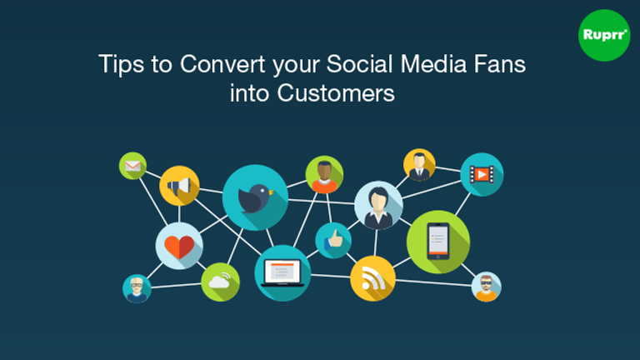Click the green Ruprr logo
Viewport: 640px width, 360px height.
[604, 36]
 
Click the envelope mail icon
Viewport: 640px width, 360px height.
[132, 166]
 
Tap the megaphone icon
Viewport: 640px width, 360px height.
[179, 186]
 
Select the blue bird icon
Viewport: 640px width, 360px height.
[255, 197]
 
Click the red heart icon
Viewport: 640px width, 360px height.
[179, 246]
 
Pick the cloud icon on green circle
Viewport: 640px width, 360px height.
[220, 282]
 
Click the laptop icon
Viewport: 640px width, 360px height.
[282, 272]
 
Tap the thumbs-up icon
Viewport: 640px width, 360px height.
[333, 240]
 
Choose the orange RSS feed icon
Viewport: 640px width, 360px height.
[372, 278]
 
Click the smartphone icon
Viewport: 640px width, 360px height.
[438, 242]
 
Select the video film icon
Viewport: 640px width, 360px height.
[482, 174]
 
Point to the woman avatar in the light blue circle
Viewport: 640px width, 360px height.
[378, 205]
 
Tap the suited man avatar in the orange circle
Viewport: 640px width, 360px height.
[419, 165]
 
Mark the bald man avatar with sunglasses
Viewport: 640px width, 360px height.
[486, 287]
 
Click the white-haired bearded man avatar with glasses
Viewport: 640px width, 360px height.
[137, 288]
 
